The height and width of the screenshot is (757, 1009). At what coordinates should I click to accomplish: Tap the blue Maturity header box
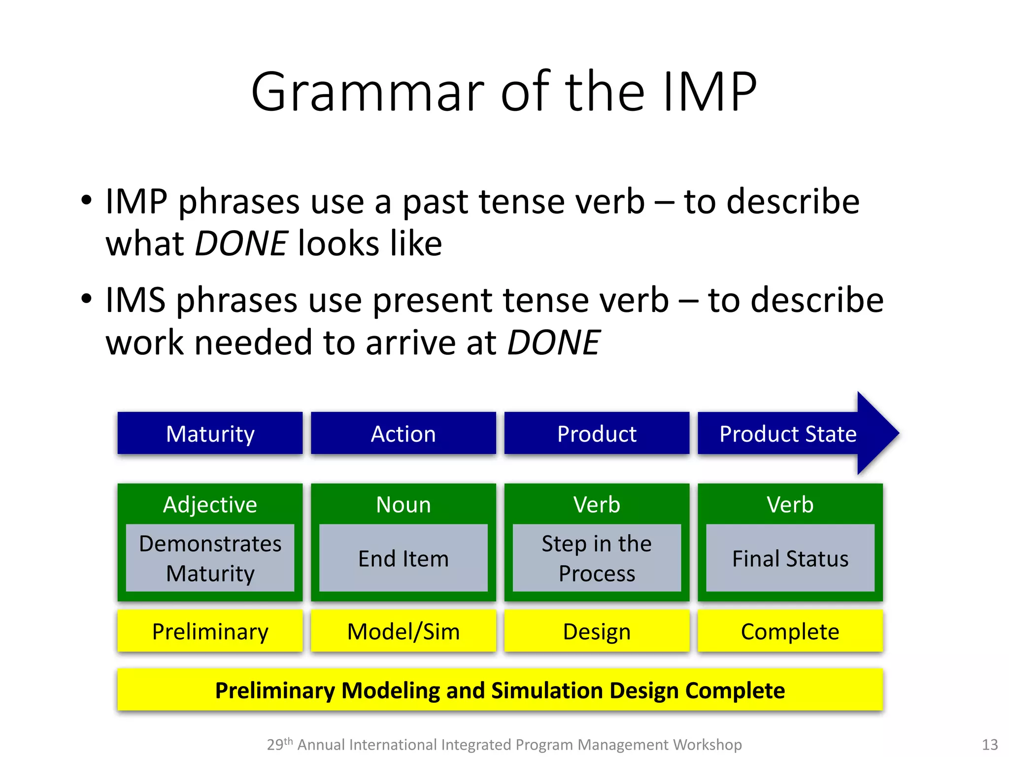(210, 434)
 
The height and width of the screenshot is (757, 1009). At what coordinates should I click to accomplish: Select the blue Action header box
(403, 434)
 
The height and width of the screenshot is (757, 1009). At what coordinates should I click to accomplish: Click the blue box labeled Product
(597, 434)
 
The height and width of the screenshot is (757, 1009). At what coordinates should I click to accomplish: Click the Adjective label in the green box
(210, 505)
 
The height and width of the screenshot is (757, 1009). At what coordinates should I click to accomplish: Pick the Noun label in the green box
(403, 505)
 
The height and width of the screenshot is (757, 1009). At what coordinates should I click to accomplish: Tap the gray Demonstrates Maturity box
(210, 558)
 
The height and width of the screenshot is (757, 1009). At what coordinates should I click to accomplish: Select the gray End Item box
(403, 558)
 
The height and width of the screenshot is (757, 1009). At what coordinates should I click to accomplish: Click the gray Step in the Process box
(597, 558)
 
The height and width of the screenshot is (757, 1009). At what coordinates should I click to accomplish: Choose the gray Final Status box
(790, 558)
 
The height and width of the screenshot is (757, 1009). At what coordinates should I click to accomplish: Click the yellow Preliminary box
(210, 631)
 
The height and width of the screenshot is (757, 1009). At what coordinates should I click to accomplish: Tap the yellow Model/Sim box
(403, 631)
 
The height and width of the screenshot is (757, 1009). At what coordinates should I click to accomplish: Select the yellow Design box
(597, 631)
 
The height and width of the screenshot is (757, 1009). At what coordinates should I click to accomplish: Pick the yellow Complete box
(790, 631)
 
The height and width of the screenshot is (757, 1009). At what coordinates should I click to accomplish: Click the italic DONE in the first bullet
(241, 243)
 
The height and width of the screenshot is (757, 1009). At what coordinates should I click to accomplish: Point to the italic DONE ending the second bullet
(553, 343)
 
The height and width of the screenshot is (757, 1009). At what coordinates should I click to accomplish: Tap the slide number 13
(989, 744)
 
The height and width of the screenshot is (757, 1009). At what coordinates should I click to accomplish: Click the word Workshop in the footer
(707, 744)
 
